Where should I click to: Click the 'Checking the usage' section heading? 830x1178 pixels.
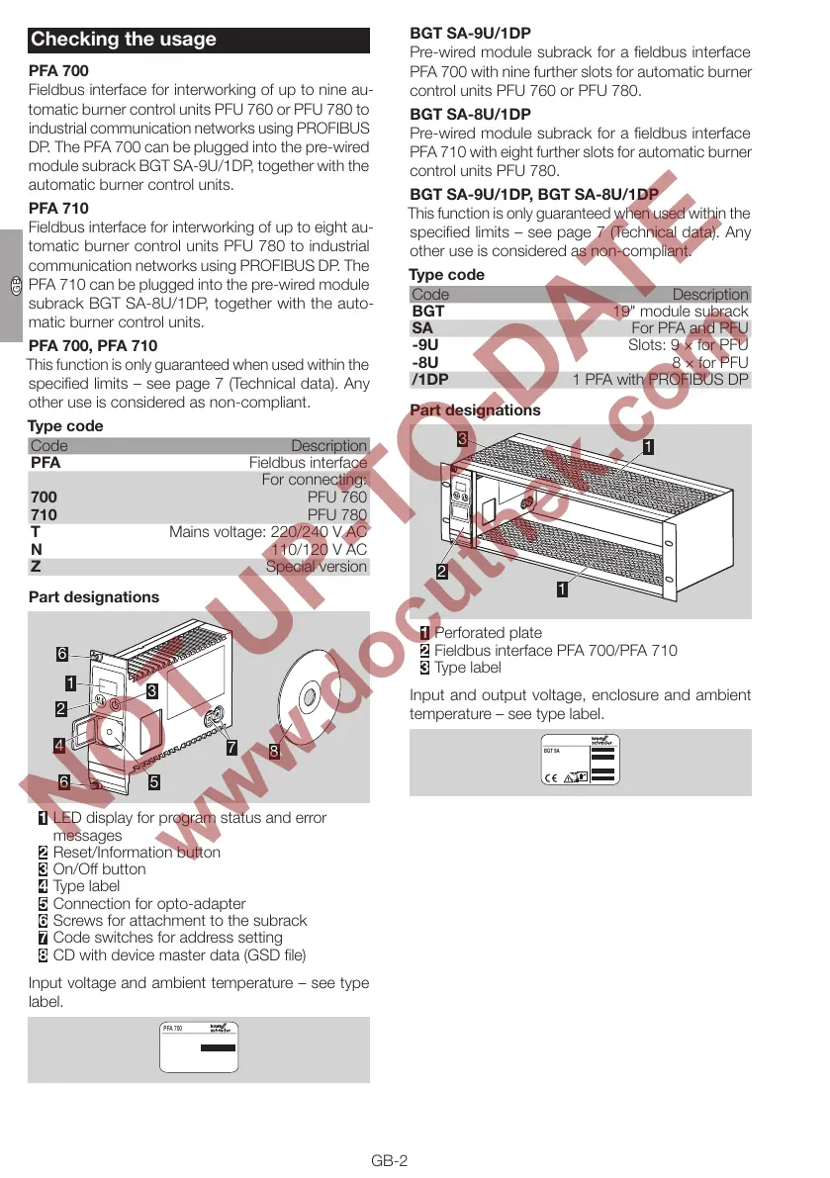point(124,40)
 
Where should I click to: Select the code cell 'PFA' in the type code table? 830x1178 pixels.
point(46,463)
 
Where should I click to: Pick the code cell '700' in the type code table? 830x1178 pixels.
point(44,498)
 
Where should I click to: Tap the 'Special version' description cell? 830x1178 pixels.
point(316,567)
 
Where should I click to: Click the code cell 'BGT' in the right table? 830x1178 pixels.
point(428,312)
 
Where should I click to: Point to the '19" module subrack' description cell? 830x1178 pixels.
point(681,312)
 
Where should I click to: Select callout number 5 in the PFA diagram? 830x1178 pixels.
point(154,781)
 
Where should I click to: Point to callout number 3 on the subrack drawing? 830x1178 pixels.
point(462,438)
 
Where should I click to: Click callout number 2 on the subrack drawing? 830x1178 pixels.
point(442,571)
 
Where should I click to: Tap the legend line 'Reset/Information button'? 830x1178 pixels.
point(137,852)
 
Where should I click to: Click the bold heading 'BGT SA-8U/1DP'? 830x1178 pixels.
point(470,114)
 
